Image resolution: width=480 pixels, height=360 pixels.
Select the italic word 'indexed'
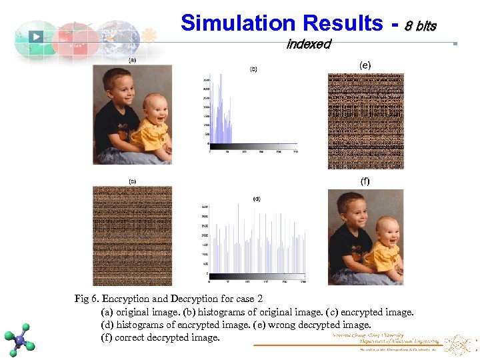(x=308, y=44)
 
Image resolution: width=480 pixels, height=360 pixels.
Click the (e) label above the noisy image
(x=365, y=65)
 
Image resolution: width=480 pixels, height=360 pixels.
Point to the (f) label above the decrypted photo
(x=365, y=181)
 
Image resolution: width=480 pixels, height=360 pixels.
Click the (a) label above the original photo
(x=132, y=59)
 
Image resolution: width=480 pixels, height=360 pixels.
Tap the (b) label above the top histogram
(x=253, y=68)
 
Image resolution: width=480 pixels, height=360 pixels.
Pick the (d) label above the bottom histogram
(x=256, y=198)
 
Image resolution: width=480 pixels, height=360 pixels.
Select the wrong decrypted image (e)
(x=365, y=121)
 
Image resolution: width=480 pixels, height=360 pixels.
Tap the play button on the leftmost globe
(x=36, y=37)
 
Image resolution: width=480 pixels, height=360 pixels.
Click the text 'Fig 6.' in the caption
(x=87, y=298)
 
